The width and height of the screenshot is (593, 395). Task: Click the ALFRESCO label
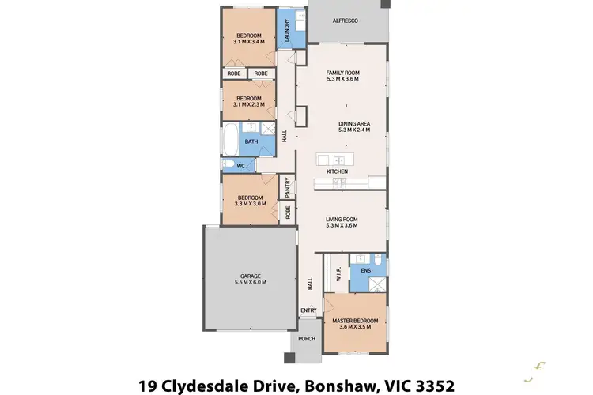click(345, 21)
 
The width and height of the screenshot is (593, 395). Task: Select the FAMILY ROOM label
click(343, 73)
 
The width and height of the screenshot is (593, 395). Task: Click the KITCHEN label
click(338, 171)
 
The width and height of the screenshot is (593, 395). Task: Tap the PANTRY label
click(289, 186)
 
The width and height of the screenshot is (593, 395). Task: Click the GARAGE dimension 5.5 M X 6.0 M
click(251, 283)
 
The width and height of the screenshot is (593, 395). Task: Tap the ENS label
click(365, 271)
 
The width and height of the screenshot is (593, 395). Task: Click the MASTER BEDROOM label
click(354, 320)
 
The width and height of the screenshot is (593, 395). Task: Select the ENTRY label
click(308, 310)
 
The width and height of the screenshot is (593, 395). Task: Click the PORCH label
click(306, 339)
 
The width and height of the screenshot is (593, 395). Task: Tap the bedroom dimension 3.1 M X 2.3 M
click(249, 104)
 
